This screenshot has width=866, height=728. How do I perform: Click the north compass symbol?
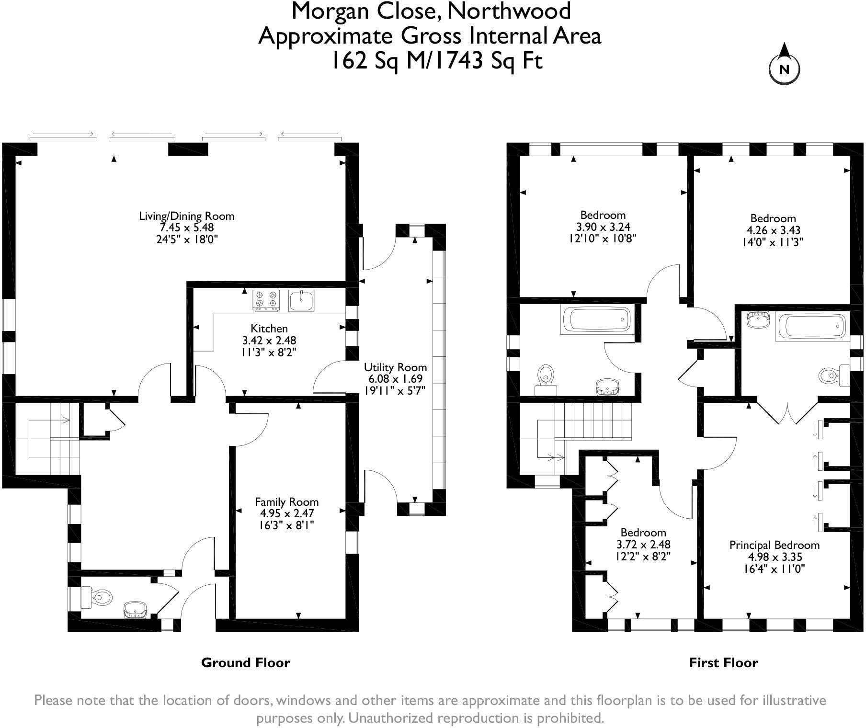tap(784, 65)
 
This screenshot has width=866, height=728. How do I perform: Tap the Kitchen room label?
tap(269, 329)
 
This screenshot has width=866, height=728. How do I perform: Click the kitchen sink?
tap(301, 300)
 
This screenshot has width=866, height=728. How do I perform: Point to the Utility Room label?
tap(395, 367)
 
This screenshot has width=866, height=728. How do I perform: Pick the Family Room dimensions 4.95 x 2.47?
tap(286, 514)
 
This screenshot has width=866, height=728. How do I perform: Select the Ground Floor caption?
tap(245, 663)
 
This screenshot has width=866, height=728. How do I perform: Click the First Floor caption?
tap(723, 663)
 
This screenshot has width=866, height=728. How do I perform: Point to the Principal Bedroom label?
tap(774, 545)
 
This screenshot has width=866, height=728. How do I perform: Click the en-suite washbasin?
tap(757, 320)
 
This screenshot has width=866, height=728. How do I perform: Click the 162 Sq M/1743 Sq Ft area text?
tap(438, 61)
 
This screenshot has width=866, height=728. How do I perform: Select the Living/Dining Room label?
tap(187, 216)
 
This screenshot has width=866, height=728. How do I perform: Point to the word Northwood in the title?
tap(509, 11)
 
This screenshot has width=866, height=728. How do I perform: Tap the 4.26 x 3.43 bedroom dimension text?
tap(773, 230)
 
